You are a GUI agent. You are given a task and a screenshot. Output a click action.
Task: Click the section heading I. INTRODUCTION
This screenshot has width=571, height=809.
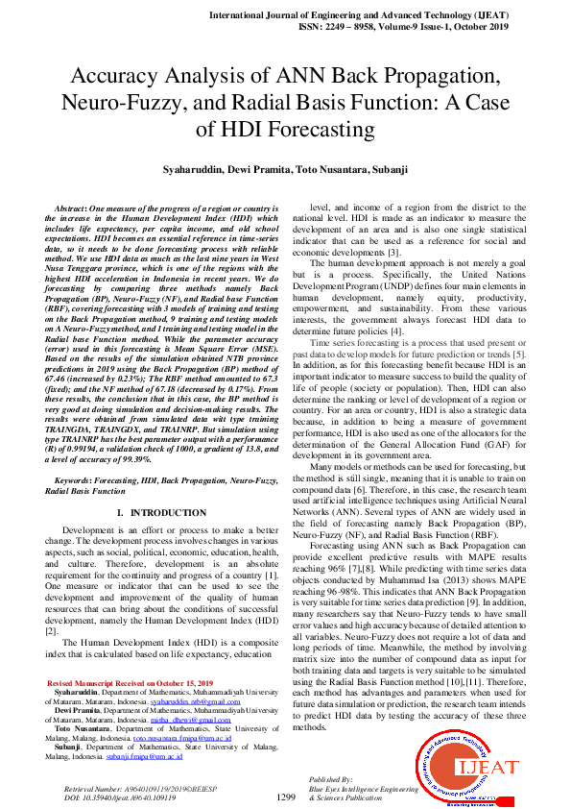tap(155, 513)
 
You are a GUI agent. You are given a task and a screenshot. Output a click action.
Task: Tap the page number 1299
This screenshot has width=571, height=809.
tap(285, 797)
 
